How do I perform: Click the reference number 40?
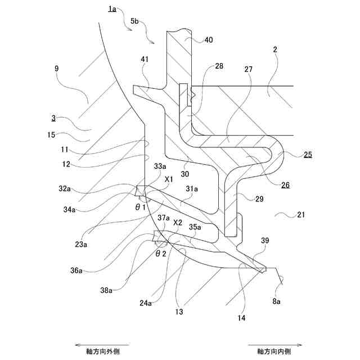tap(208, 40)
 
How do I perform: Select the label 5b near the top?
tap(134, 21)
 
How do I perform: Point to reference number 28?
tap(219, 66)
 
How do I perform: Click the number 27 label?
tap(249, 70)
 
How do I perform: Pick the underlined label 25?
tap(308, 154)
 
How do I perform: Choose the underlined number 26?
tap(286, 183)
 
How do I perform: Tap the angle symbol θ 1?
tap(141, 207)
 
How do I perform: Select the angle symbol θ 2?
tap(161, 253)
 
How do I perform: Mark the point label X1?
tap(169, 178)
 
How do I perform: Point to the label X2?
tap(178, 222)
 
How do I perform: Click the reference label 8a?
tap(277, 301)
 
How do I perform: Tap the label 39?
tap(265, 240)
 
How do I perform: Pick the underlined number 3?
tap(53, 118)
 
